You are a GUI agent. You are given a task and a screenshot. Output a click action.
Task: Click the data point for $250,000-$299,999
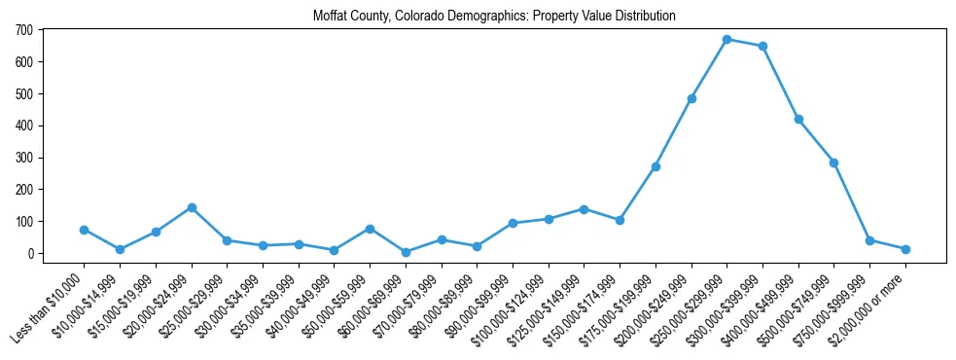click(726, 39)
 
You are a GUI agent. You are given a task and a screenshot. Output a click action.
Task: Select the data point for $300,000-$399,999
click(762, 46)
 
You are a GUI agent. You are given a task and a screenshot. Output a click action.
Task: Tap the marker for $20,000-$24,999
click(192, 207)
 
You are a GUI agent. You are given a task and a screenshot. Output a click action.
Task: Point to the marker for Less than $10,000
click(84, 230)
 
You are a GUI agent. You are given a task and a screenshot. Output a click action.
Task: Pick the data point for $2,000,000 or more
click(905, 249)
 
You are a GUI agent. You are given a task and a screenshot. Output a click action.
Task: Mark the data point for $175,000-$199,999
click(655, 166)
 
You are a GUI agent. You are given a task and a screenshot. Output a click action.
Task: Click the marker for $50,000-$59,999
click(370, 229)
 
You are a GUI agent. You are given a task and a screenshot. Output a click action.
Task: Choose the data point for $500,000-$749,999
click(833, 162)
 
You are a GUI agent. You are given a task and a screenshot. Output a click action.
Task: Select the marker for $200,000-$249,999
click(691, 98)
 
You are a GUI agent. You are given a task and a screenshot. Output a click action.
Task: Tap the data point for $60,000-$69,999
click(406, 252)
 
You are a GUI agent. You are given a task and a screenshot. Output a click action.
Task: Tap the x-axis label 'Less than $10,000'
click(49, 302)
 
